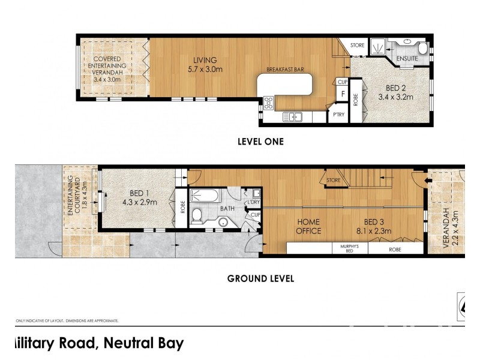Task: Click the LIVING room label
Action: pyautogui.click(x=205, y=59)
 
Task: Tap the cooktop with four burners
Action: pyautogui.click(x=268, y=103)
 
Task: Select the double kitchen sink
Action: pyautogui.click(x=295, y=117)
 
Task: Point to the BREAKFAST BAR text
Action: pyautogui.click(x=286, y=70)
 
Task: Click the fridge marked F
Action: pyautogui.click(x=343, y=94)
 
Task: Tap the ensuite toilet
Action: pyautogui.click(x=422, y=47)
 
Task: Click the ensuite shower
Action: pyautogui.click(x=378, y=46)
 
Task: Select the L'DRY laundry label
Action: pyautogui.click(x=254, y=203)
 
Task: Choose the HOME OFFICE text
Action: pyautogui.click(x=309, y=226)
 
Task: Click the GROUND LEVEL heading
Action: pyautogui.click(x=260, y=278)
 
